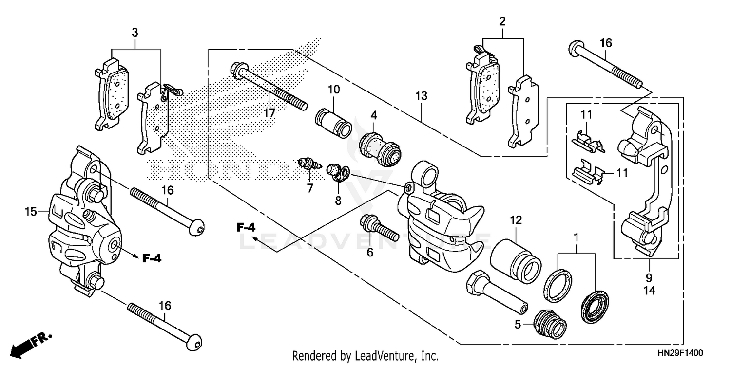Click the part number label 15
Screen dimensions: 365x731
(x=31, y=212)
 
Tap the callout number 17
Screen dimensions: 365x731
(x=269, y=113)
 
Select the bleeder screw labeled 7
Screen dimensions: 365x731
(x=307, y=164)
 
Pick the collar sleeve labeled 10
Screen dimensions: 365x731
(x=334, y=122)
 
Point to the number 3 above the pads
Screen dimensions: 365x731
(x=135, y=33)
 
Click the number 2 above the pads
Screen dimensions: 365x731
(x=502, y=21)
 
